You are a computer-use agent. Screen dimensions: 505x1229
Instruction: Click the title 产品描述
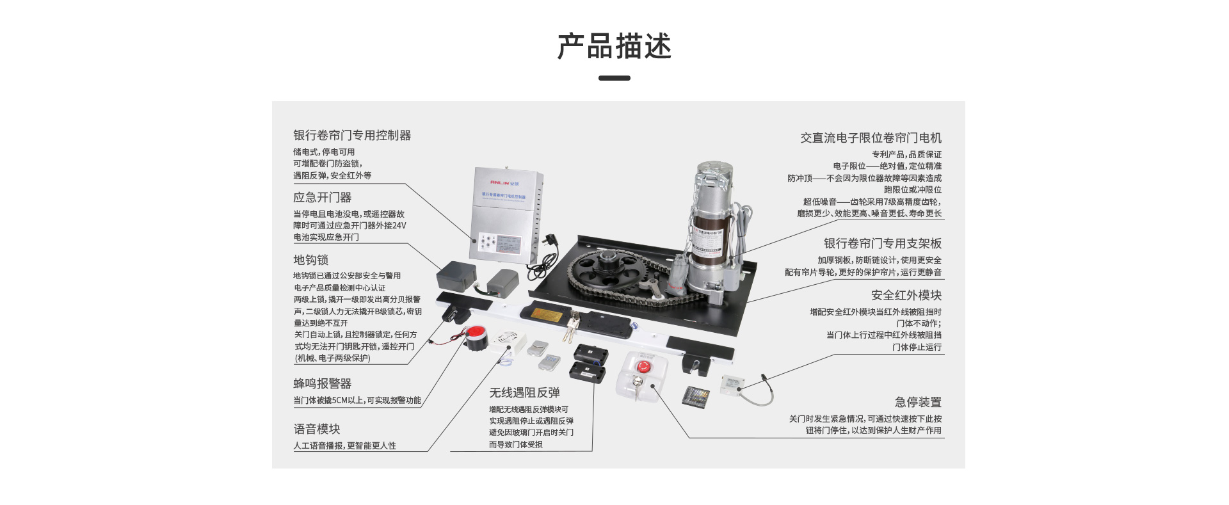tap(614, 47)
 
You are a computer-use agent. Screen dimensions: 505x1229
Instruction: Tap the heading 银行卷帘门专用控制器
tap(352, 136)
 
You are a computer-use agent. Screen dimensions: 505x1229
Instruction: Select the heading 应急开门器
tap(322, 198)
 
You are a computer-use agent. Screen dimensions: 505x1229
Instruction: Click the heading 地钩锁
tap(310, 260)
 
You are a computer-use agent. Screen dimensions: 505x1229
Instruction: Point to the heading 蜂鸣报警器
tap(322, 383)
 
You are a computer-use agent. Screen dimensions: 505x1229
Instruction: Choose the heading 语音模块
tap(316, 429)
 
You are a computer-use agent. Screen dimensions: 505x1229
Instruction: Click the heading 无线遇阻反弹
tap(524, 392)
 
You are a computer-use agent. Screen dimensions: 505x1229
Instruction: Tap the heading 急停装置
tap(918, 402)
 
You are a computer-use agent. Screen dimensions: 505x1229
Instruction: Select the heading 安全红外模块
tap(906, 295)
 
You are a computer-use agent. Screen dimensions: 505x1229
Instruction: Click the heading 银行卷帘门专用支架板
tap(882, 243)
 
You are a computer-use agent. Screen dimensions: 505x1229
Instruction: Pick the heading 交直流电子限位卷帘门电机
tap(871, 138)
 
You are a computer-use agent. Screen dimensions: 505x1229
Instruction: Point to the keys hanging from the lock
tap(571, 328)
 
